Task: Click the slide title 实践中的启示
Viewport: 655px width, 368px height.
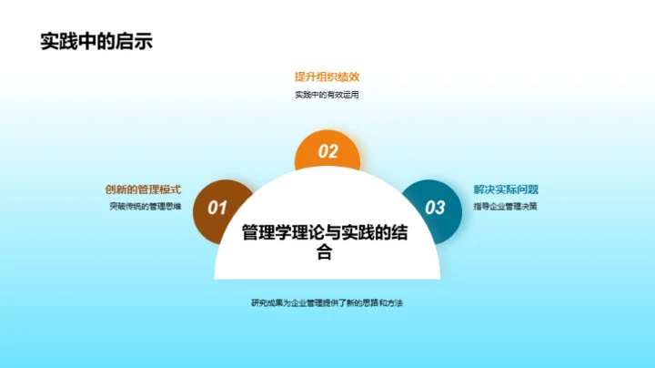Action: pos(96,42)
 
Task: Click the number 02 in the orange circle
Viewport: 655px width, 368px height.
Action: pos(327,152)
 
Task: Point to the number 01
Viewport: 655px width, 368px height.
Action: pos(217,208)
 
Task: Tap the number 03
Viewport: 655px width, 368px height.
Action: pos(436,208)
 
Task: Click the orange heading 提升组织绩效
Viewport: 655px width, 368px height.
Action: pos(327,77)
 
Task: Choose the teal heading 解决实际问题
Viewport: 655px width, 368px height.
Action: pos(506,189)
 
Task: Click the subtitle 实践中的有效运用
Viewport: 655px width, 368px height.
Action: pos(327,95)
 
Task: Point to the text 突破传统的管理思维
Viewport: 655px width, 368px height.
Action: pos(146,207)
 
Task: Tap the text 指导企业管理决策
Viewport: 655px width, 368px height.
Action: pos(505,207)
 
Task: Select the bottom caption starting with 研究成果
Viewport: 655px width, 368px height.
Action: pos(327,302)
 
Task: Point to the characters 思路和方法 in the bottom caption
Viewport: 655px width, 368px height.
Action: pos(381,302)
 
